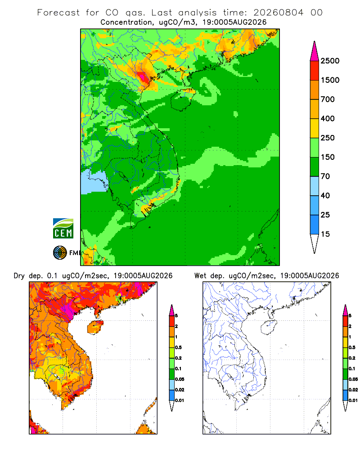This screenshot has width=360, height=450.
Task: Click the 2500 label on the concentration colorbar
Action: [x=330, y=61]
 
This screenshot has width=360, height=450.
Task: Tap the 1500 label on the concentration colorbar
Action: [x=330, y=80]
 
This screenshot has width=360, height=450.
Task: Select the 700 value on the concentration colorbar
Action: [x=328, y=99]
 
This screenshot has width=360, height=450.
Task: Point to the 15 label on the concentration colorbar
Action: [x=325, y=234]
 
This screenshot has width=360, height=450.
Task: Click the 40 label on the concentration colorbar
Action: [x=325, y=196]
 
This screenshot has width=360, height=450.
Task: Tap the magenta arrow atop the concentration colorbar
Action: [x=315, y=51]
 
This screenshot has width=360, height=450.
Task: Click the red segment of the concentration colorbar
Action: [x=315, y=71]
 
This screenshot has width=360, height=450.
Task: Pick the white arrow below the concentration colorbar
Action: [x=315, y=244]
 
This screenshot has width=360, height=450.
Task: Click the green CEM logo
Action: [x=63, y=229]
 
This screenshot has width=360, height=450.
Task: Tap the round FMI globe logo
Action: [x=60, y=253]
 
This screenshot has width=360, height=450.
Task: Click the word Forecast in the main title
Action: [x=58, y=13]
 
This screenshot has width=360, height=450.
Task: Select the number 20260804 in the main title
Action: [x=278, y=13]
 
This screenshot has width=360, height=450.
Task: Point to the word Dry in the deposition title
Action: [x=19, y=276]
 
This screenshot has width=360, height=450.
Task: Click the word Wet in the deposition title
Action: [x=200, y=276]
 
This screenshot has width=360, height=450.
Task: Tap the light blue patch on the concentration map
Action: [x=93, y=182]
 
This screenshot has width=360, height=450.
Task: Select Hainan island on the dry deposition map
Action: [x=95, y=327]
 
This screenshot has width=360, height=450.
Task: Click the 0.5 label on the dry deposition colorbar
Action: [x=178, y=347]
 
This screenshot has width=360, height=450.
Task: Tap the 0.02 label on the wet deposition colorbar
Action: [x=353, y=390]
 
